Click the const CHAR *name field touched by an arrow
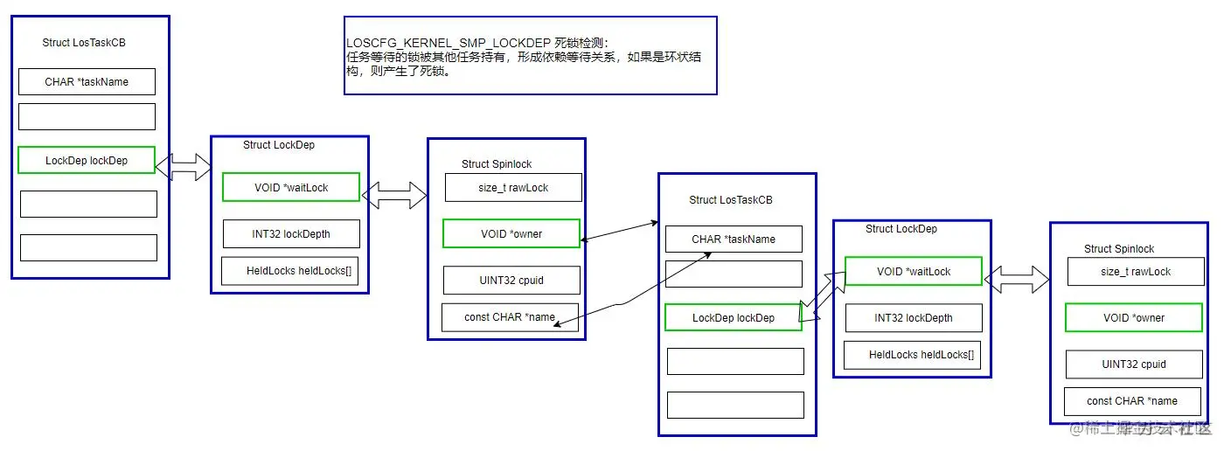[510, 317]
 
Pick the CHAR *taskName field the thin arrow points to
[734, 239]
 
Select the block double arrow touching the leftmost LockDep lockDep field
[184, 166]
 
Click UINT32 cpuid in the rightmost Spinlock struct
[1134, 364]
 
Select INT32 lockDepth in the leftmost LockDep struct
[290, 234]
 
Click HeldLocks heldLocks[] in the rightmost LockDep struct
[921, 355]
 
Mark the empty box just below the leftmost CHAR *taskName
[87, 117]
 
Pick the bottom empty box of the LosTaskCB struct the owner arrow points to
[735, 405]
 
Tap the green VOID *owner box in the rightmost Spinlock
[1133, 318]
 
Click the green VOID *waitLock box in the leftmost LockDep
[290, 187]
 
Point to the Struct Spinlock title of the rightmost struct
[1119, 249]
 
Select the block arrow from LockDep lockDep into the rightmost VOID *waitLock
[822, 297]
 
